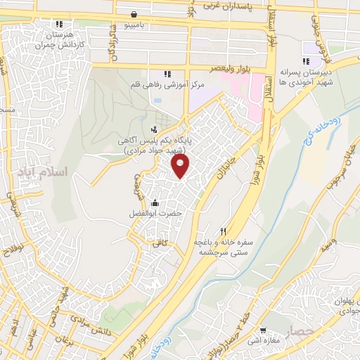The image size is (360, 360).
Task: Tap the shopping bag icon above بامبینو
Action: pyautogui.click(x=135, y=14)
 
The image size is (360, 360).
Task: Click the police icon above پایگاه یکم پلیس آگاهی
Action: pyautogui.click(x=154, y=129)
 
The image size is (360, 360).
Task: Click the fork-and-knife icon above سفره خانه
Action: pyautogui.click(x=224, y=231)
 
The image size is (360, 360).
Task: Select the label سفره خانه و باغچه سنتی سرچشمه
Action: pyautogui.click(x=224, y=246)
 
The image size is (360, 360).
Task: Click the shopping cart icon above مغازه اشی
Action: pyautogui.click(x=263, y=330)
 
